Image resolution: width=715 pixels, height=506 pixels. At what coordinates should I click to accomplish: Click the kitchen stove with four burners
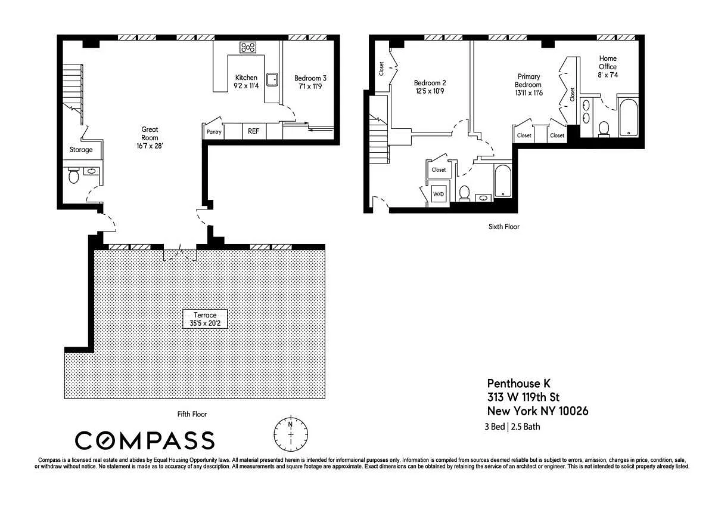pos(248,48)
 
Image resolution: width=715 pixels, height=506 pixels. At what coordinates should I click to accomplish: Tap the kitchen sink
pos(272,79)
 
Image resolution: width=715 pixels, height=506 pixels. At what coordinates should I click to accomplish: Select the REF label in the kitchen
pos(253,131)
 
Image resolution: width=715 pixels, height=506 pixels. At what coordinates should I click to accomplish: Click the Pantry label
pos(214,132)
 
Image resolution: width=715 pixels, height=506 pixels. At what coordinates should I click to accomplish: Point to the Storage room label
pos(81,150)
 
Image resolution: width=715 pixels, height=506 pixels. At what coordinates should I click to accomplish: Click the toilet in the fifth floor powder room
pos(73,175)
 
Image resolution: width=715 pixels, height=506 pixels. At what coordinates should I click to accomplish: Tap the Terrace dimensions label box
pos(205,319)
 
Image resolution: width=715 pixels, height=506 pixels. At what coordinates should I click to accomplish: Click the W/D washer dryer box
pos(439,194)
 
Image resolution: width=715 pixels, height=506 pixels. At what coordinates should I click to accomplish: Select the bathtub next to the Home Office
pos(629,118)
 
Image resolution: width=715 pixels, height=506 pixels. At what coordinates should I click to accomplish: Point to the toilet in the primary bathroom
pos(604,129)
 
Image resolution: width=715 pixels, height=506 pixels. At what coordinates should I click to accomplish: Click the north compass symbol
pos(291,434)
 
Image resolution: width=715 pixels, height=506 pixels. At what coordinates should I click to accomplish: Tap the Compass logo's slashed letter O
pos(105,440)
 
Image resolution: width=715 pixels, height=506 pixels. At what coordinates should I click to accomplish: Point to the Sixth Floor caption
pos(504,227)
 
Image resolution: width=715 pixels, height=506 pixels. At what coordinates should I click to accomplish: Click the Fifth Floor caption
pos(192,414)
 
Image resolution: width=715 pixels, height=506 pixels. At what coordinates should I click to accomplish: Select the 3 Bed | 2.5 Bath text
pos(512,427)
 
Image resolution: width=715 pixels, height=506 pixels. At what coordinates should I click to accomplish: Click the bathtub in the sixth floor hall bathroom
pos(502,181)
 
